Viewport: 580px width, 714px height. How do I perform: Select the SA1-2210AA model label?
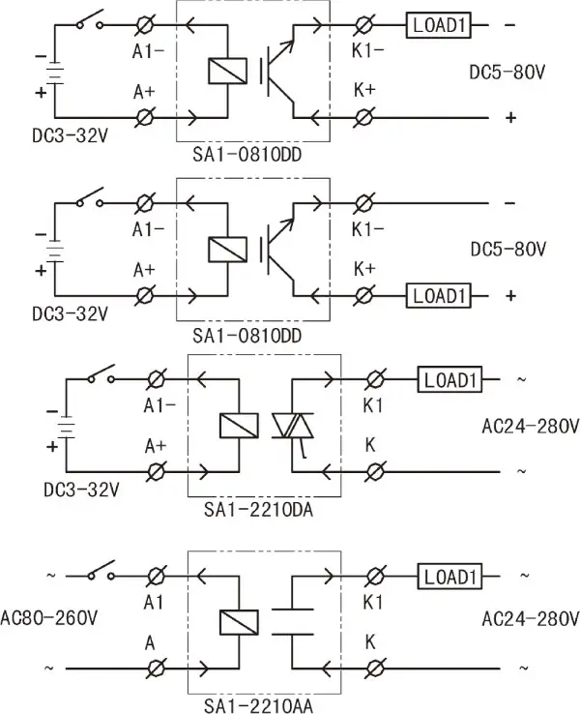[x=263, y=705]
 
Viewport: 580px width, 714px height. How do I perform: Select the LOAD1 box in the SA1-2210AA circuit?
[x=449, y=578]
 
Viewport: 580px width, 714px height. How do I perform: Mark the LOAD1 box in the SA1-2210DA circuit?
[x=449, y=380]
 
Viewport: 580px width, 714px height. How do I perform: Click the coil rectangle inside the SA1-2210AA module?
[x=238, y=622]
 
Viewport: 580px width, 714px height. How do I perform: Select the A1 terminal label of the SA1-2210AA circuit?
[x=152, y=600]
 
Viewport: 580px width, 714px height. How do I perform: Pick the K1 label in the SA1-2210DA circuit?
[x=373, y=405]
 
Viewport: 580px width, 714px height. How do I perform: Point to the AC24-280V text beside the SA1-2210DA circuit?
[x=530, y=426]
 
